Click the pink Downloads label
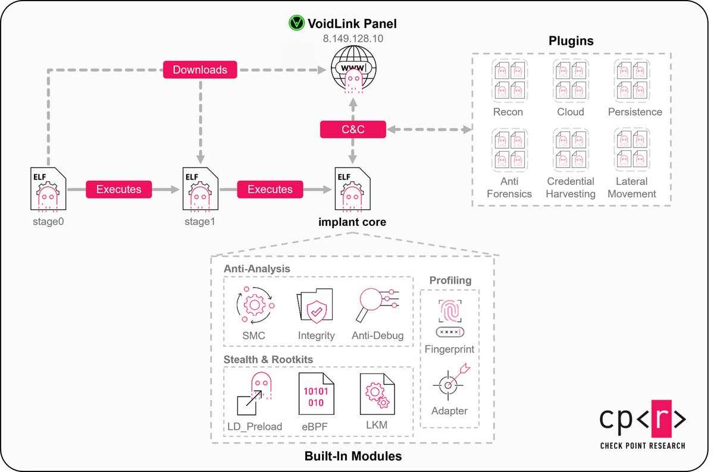click(x=200, y=70)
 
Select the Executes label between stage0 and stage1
click(x=118, y=190)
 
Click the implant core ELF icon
click(x=353, y=190)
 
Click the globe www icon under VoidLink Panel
click(x=353, y=71)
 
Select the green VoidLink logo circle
click(x=296, y=24)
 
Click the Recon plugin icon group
click(x=508, y=81)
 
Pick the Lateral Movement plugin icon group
click(x=632, y=151)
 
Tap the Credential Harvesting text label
click(x=571, y=187)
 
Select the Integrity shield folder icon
click(x=315, y=307)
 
